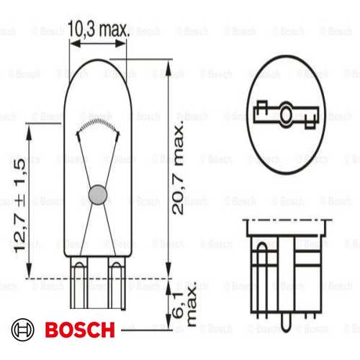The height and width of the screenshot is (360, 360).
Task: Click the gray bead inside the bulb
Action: tap(96, 193)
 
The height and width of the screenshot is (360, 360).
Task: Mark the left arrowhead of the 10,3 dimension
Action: tap(72, 42)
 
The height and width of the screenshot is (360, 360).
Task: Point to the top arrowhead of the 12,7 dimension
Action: tap(28, 126)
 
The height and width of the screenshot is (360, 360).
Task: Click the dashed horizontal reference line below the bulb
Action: tap(108, 277)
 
